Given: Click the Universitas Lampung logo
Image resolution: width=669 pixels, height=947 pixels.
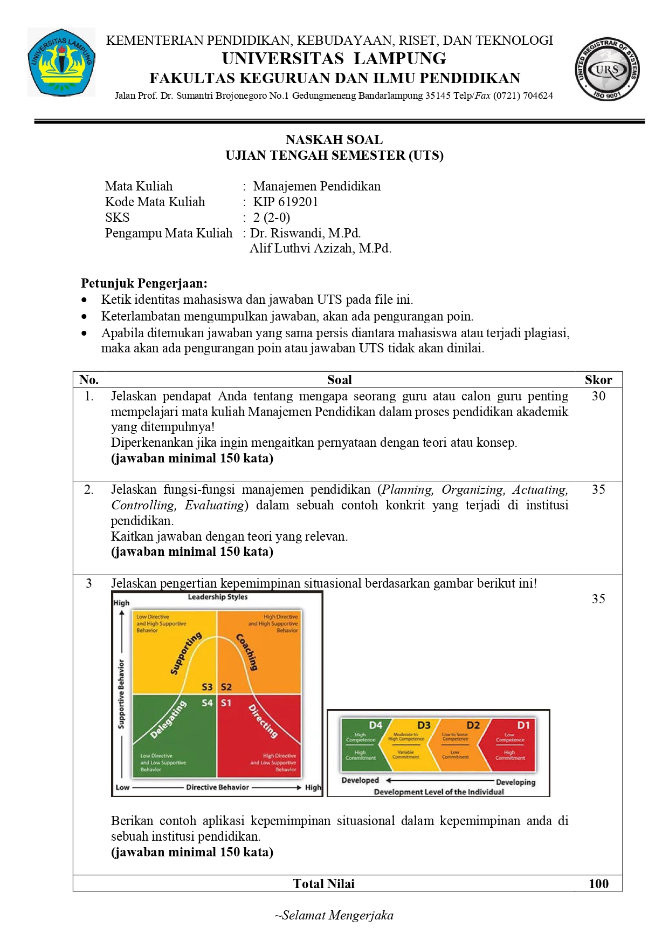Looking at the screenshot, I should [x=61, y=62].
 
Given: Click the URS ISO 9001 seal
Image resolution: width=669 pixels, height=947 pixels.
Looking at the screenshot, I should [x=607, y=69].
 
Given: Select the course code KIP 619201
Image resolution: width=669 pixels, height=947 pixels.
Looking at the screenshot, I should [x=286, y=202].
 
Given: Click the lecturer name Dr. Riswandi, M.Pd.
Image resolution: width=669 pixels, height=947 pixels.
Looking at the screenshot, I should [x=305, y=233].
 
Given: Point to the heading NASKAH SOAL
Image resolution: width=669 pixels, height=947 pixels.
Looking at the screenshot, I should [x=334, y=140].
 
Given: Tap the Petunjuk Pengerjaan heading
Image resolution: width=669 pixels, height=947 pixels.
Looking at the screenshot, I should [x=144, y=283].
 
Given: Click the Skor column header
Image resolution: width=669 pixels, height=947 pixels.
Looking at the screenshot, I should [x=598, y=380].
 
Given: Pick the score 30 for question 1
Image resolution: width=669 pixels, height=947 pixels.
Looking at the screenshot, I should [x=598, y=396].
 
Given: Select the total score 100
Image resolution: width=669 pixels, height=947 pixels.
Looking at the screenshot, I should [x=598, y=883].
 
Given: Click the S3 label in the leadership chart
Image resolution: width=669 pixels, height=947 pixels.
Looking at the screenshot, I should [x=207, y=687].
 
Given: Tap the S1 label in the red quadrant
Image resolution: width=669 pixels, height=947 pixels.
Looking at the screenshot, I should [x=226, y=703].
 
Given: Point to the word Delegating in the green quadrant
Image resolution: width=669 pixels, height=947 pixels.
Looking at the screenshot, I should [x=168, y=719].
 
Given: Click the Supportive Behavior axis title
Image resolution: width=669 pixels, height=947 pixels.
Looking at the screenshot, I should [x=121, y=694].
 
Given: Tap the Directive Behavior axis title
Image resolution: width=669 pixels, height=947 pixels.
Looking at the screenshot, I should [x=217, y=787].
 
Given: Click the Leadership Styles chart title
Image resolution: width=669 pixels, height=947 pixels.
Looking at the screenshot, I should [x=218, y=597].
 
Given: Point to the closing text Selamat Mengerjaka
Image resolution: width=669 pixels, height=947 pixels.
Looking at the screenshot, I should [x=334, y=915].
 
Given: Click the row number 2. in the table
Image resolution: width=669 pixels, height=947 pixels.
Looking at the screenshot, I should [x=89, y=489].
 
